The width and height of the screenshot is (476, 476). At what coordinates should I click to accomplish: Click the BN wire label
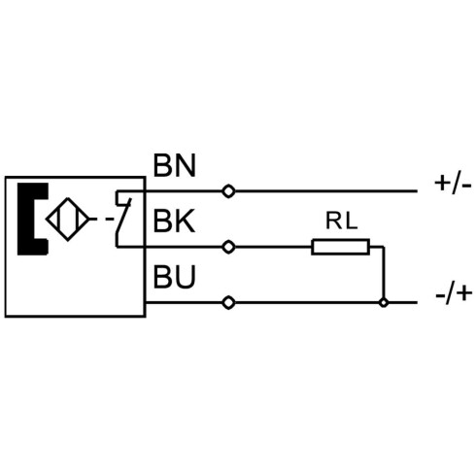point(174,165)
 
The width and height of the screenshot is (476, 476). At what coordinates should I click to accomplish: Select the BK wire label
point(174,221)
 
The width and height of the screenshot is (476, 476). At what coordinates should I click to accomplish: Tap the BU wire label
point(174,277)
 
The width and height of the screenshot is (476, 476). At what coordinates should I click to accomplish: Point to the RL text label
point(341,221)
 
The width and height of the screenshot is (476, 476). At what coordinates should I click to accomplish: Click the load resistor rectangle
point(340,247)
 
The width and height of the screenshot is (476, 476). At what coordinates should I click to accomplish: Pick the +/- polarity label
point(453,185)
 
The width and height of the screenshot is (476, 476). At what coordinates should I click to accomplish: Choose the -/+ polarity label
point(454,294)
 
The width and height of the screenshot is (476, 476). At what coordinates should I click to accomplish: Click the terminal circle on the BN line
point(228,191)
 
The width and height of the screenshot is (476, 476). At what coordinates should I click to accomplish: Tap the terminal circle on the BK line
point(228,247)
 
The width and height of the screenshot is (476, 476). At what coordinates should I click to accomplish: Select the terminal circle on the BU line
point(228,303)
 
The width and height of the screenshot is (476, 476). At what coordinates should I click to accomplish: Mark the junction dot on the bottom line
point(384,303)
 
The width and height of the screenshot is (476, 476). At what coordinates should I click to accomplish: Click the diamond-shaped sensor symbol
point(68,220)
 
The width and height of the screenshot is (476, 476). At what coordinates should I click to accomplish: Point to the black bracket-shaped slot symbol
point(26,219)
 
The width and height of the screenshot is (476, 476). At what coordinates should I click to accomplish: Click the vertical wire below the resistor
point(384,275)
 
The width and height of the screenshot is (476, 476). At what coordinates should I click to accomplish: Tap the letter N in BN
point(186,165)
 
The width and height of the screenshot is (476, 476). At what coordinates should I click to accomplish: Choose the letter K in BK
point(186,221)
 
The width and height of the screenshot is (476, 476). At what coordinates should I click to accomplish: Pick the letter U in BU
point(186,277)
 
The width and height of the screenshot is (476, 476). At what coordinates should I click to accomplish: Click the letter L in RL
point(351,221)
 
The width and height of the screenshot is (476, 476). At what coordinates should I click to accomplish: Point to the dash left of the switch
point(110,220)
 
